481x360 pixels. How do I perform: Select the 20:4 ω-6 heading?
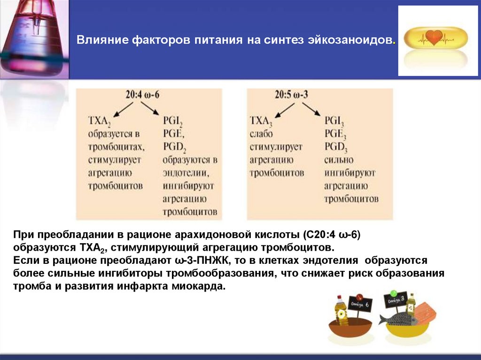click(143, 94)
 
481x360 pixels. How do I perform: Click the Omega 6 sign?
click(359, 305)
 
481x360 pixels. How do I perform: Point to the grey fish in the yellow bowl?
click(399, 320)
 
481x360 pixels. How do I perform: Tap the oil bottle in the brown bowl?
click(341, 311)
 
